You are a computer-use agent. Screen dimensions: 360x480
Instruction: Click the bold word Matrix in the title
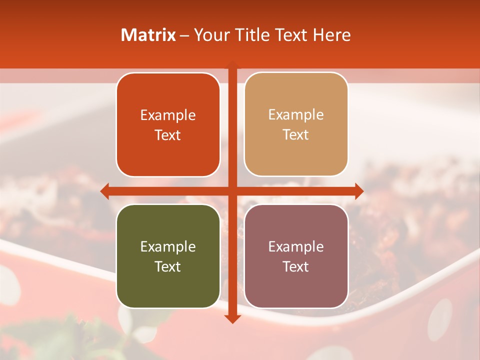[x=148, y=35]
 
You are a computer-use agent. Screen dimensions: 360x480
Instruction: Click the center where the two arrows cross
[x=232, y=191]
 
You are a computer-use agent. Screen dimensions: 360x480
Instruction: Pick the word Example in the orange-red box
[x=168, y=115]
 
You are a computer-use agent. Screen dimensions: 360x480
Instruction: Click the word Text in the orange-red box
[x=168, y=135]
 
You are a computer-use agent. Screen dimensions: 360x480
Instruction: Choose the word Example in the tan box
[x=296, y=115]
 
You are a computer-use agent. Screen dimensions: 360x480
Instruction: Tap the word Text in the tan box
[x=296, y=134]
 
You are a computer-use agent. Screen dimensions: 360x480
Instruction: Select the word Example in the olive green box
[x=168, y=247]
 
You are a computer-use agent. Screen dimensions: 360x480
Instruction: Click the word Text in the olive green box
[x=168, y=266]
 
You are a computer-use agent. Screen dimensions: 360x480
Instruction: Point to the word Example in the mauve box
[x=296, y=247]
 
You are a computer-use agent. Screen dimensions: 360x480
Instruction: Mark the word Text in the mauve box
[x=296, y=266]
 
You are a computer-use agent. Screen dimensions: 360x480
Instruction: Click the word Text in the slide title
[x=291, y=35]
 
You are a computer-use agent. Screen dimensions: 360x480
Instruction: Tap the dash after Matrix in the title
[x=184, y=35]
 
